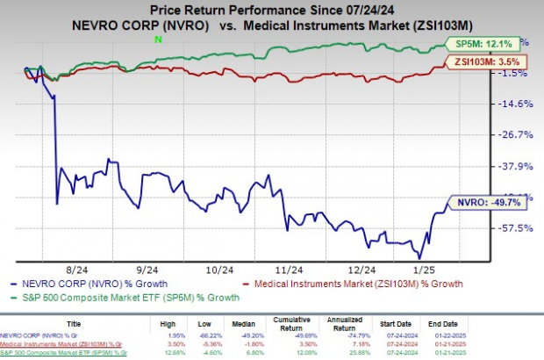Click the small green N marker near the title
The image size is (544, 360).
coord(158,40)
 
